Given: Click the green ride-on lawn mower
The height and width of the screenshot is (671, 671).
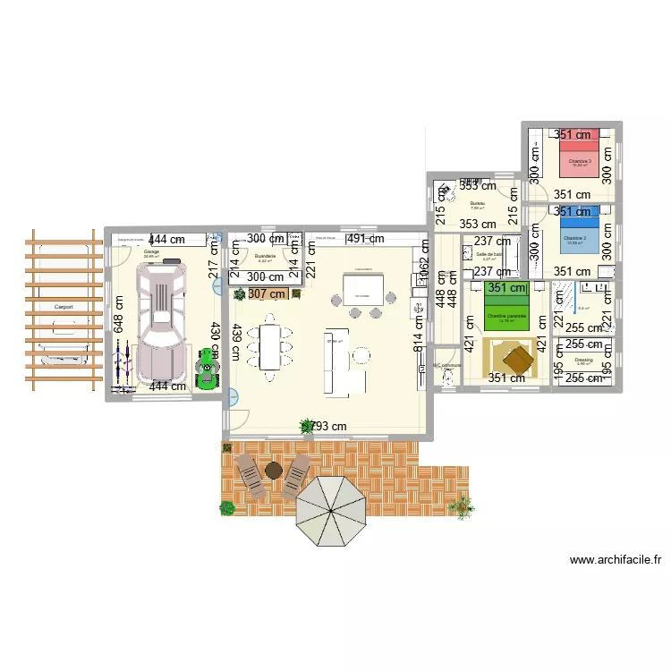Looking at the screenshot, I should point(208,367).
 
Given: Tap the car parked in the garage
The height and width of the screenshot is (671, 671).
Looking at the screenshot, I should point(161,318).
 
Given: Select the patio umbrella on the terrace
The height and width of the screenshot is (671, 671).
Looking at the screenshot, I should point(330,511).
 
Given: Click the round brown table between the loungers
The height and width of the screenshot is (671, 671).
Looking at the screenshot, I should point(273,469).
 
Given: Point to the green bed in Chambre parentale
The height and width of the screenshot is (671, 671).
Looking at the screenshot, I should point(507,305).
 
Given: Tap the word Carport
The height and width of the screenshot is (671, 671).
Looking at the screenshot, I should point(64,307).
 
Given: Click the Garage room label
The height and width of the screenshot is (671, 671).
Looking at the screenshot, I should point(151,252).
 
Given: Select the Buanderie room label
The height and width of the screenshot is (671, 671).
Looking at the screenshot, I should point(264,255).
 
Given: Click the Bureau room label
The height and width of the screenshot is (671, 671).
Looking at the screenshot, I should point(477,203).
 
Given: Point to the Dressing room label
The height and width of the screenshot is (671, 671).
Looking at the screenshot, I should point(583,360).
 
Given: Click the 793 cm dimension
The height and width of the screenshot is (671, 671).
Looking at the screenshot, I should point(327,427).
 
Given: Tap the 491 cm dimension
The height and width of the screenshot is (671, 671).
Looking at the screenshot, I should point(365,240).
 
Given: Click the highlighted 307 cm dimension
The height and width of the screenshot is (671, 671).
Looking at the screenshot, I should point(268,293).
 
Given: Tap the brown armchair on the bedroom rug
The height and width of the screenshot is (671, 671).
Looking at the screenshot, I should point(517,360).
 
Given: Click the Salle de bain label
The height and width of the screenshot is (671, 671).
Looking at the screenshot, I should point(488,254).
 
